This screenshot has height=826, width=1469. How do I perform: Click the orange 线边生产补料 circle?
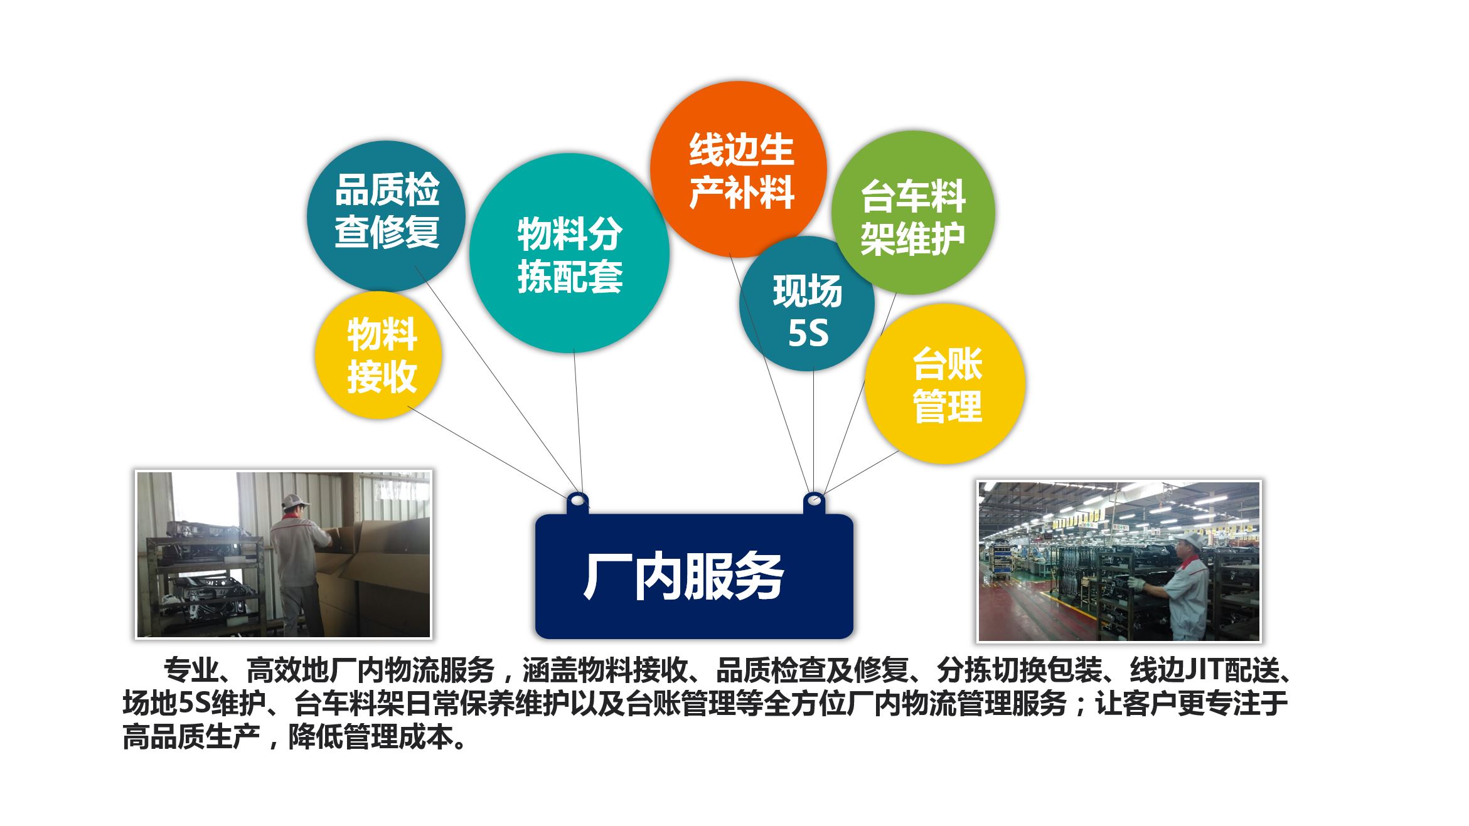(738, 169)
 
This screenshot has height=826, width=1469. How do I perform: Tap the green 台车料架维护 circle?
(913, 213)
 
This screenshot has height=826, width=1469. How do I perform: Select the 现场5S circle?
(807, 304)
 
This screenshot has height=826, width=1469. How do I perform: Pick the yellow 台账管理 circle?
(945, 384)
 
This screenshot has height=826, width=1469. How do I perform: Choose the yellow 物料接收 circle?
(378, 356)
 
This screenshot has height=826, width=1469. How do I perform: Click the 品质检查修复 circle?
(386, 213)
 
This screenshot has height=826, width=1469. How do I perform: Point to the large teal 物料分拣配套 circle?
(569, 253)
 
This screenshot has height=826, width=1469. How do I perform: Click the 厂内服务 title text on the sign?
(683, 576)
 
